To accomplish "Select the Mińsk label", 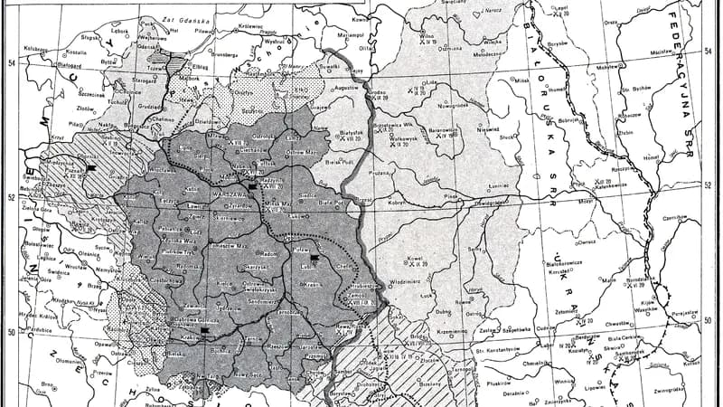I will (x=521, y=80).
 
